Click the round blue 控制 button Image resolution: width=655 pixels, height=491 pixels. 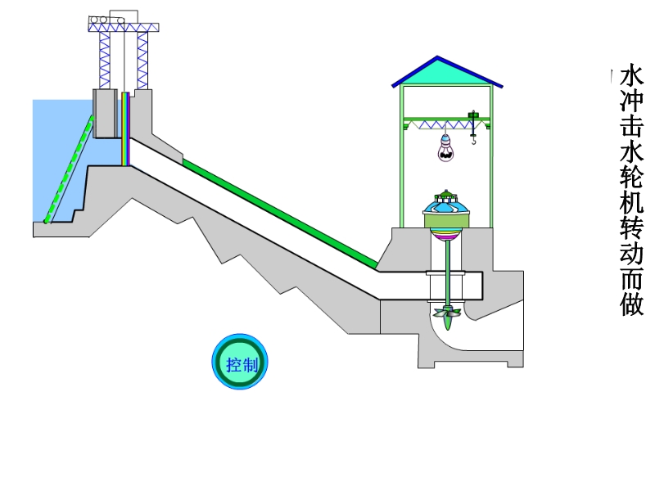pyautogui.click(x=241, y=363)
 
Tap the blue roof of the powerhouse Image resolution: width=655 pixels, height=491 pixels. pyautogui.click(x=446, y=73)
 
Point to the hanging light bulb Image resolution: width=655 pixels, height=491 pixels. pyautogui.click(x=445, y=149)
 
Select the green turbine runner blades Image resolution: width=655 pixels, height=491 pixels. pyautogui.click(x=448, y=313)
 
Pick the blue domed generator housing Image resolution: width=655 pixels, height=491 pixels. pyautogui.click(x=446, y=210)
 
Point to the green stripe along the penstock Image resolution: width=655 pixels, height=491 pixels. pyautogui.click(x=278, y=213)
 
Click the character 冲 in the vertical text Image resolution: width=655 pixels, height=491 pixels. pyautogui.click(x=632, y=103)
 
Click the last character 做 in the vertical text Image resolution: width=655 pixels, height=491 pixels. pyautogui.click(x=632, y=305)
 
